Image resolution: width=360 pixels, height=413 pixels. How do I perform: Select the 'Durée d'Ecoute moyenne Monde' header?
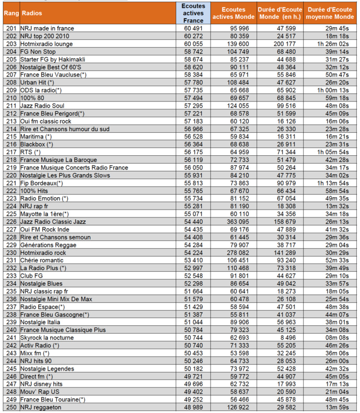coord(329,13)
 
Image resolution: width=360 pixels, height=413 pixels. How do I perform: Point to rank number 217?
coord(10,152)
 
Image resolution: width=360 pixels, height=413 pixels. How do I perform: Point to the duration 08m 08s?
coord(338,338)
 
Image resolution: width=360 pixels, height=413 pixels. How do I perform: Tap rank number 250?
coord(10,407)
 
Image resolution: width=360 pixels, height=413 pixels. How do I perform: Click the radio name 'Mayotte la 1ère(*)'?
coord(44,214)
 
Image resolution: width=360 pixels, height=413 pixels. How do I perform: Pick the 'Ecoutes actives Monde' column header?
coord(234,13)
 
